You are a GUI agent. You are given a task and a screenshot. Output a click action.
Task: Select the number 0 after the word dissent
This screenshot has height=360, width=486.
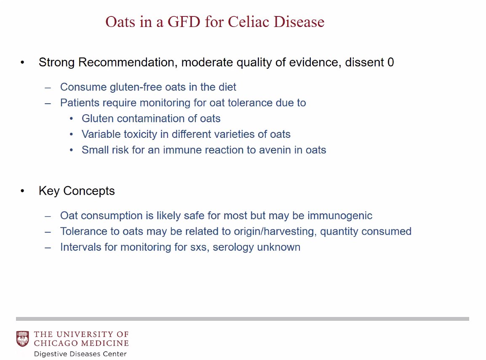click(390, 62)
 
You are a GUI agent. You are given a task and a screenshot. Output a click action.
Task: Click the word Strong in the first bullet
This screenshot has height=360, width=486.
click(57, 62)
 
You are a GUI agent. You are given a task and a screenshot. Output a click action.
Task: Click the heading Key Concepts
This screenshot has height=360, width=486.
click(77, 191)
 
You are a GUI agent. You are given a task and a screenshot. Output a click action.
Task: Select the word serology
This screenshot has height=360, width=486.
click(233, 247)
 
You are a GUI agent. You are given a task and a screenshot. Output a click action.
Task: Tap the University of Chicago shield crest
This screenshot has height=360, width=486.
click(23, 339)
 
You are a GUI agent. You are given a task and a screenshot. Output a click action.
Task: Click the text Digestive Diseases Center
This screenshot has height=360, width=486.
click(80, 354)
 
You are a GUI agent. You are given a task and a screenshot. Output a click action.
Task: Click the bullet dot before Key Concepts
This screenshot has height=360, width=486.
click(23, 191)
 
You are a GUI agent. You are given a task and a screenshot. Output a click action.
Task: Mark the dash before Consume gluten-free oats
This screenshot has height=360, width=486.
click(48, 88)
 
